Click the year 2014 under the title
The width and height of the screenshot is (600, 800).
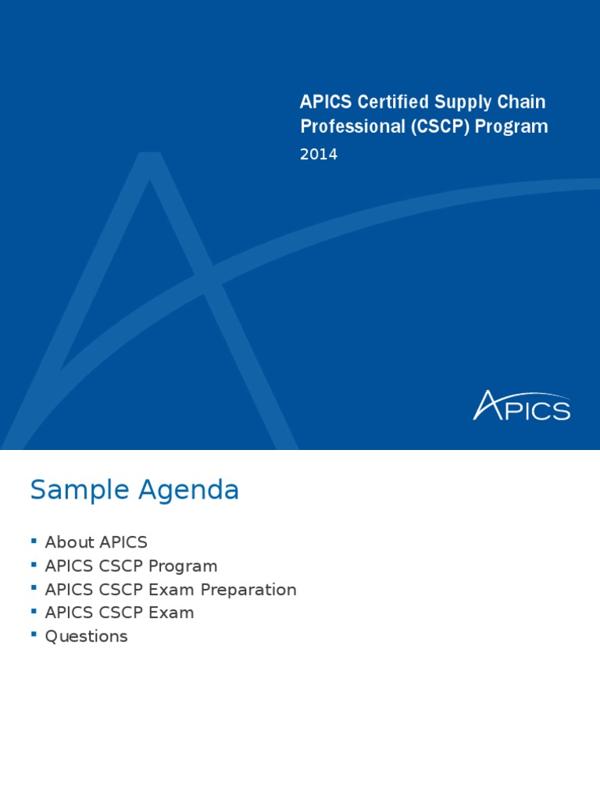tap(319, 155)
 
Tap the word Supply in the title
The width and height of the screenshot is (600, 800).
tap(456, 102)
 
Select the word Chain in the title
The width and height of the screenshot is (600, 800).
tap(522, 102)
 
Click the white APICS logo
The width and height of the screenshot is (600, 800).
tap(522, 406)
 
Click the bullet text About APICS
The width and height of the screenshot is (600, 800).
tap(96, 542)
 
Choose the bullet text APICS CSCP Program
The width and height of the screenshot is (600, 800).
tap(131, 566)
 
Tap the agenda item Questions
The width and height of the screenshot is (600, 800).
tap(86, 637)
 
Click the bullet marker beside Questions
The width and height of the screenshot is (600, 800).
tap(34, 634)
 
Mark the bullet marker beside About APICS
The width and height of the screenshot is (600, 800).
tap(34, 540)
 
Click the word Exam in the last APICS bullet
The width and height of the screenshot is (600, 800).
tap(173, 613)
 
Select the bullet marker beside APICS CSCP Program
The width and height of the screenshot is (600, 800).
tap(34, 563)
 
